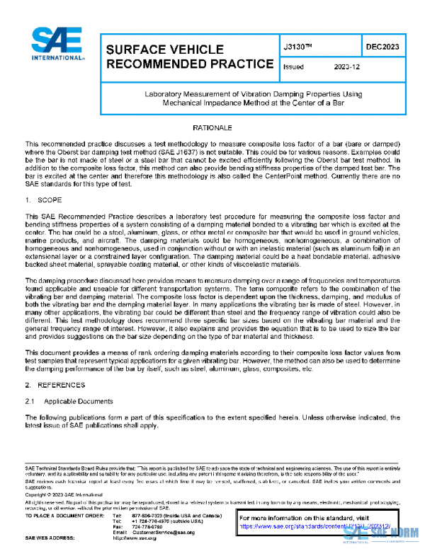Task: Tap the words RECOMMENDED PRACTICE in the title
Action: click(x=190, y=64)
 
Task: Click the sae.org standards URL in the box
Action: click(x=319, y=527)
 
